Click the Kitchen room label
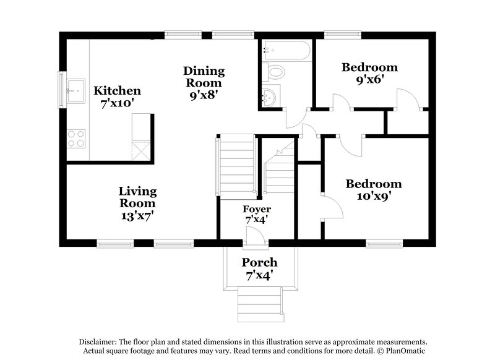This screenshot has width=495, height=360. pyautogui.click(x=117, y=91)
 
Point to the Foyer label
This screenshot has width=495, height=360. pyautogui.click(x=256, y=209)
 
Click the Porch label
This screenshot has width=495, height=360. pyautogui.click(x=259, y=262)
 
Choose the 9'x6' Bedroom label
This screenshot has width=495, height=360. pyautogui.click(x=369, y=67)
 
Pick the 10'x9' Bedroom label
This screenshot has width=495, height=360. pyautogui.click(x=373, y=184)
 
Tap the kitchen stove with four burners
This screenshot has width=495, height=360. pyautogui.click(x=76, y=138)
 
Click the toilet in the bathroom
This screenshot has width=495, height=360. pyautogui.click(x=273, y=72)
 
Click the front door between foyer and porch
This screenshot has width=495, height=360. pyautogui.click(x=252, y=236)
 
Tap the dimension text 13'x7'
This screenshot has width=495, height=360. pyautogui.click(x=137, y=216)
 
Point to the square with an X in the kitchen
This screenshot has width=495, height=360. pyautogui.click(x=141, y=150)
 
